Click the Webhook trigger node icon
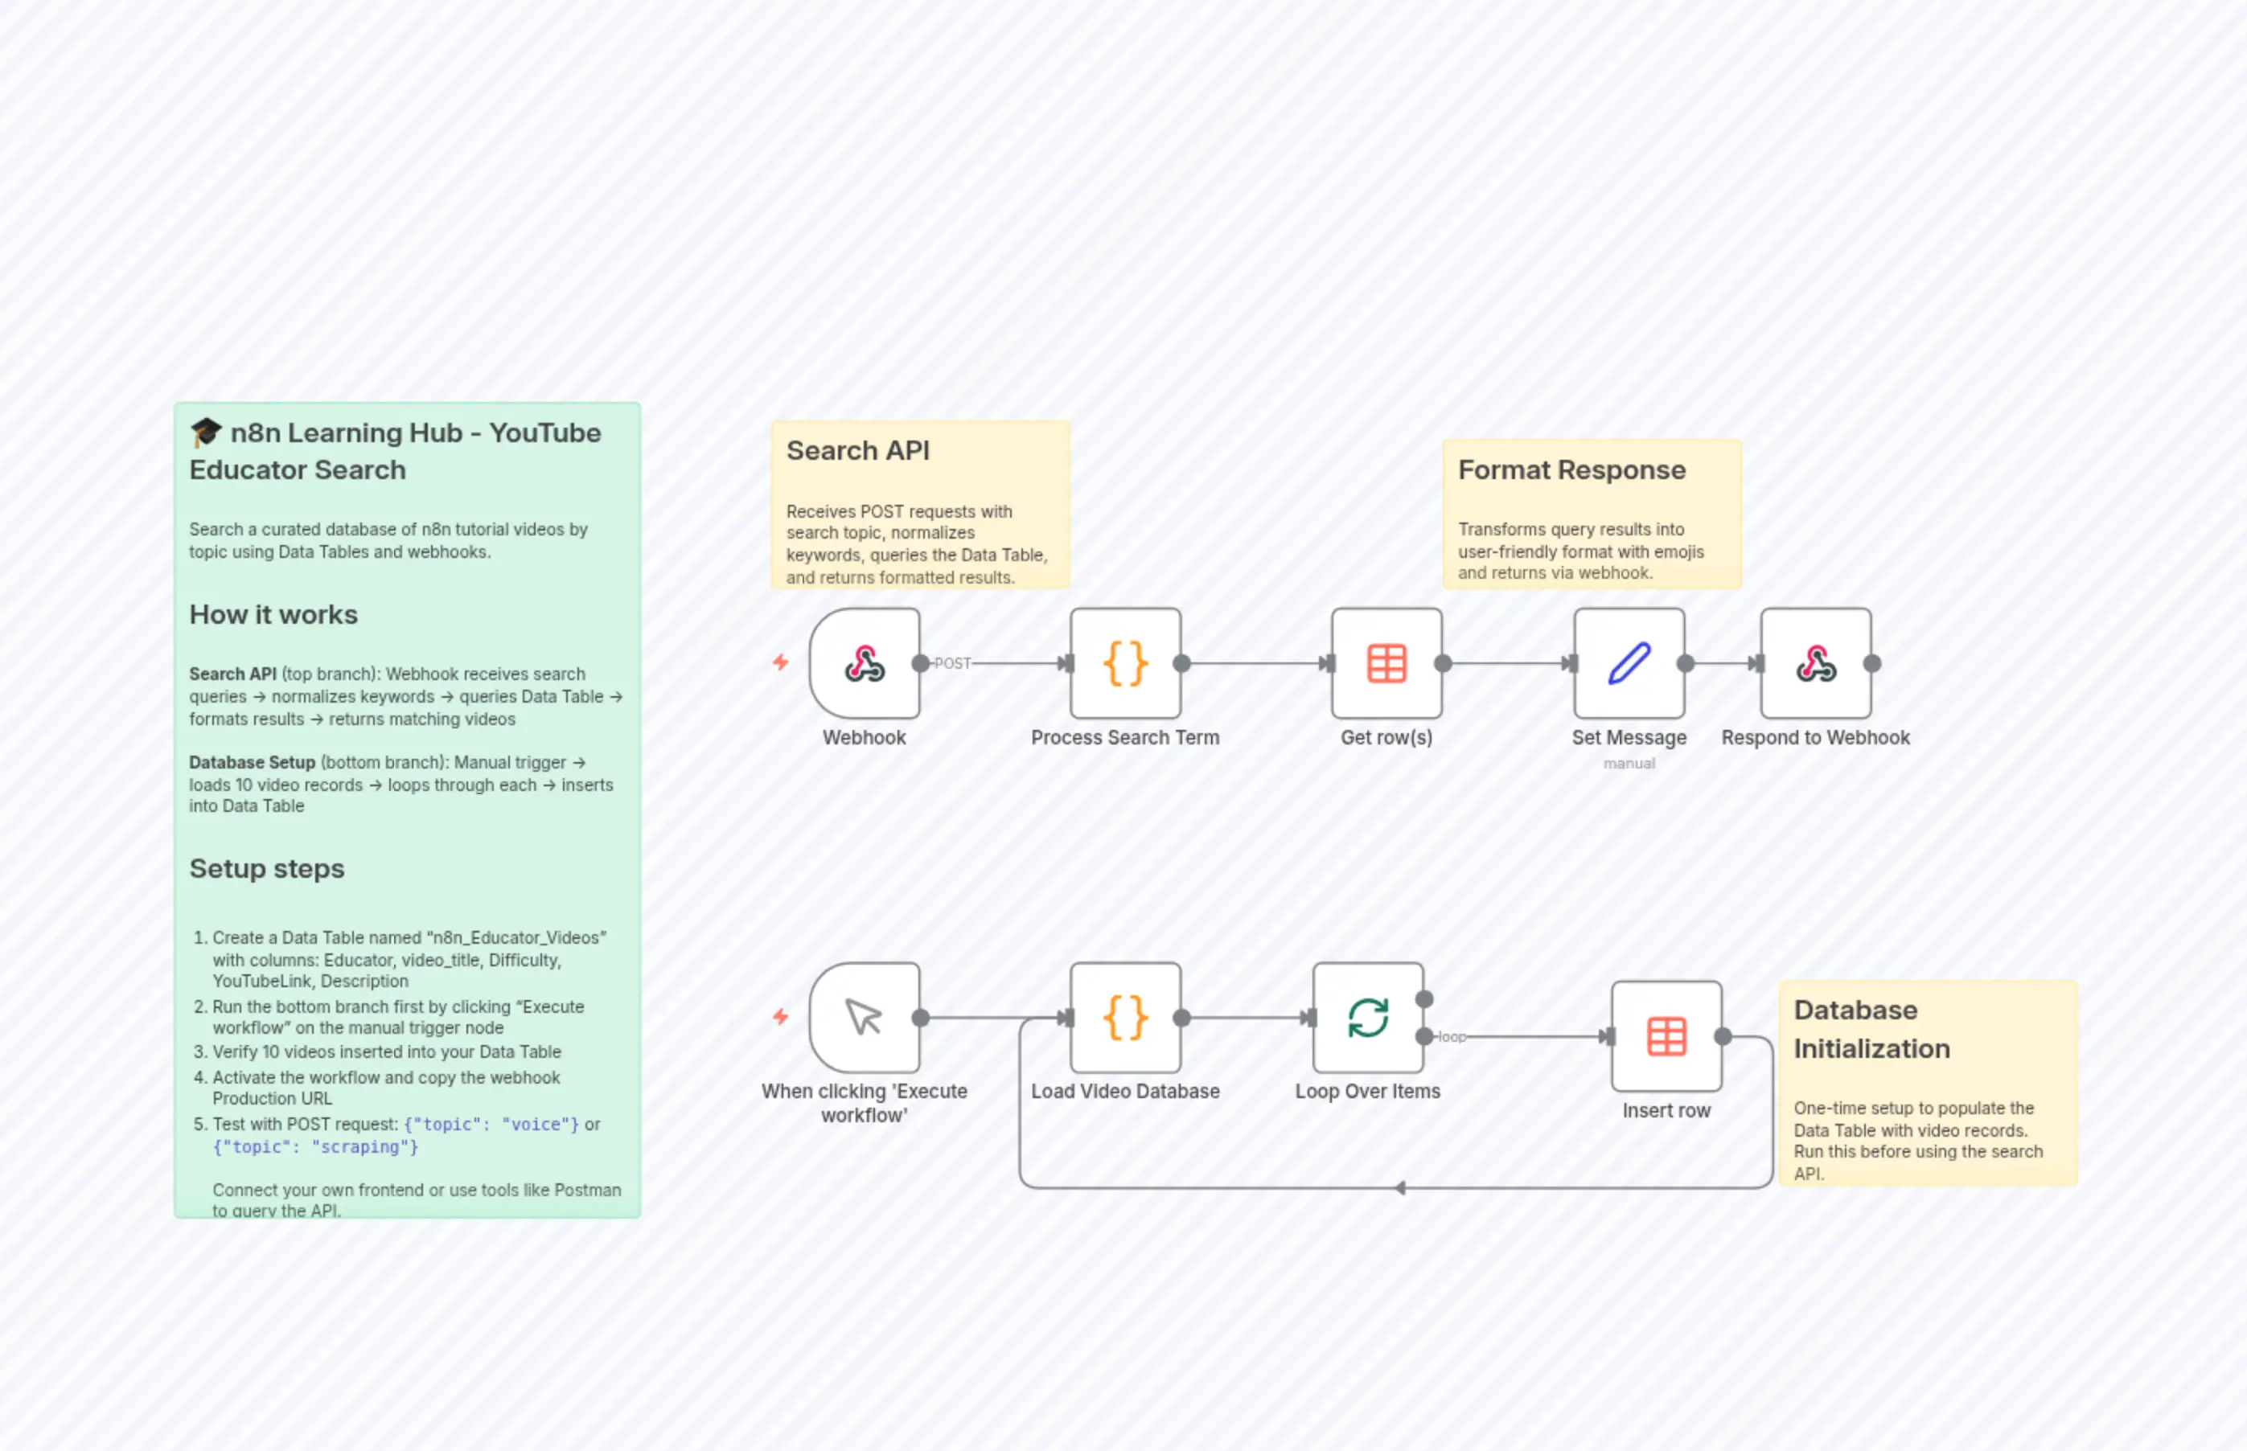pyautogui.click(x=865, y=663)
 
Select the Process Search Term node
pyautogui.click(x=1125, y=663)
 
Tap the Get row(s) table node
pyautogui.click(x=1386, y=663)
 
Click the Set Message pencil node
pyautogui.click(x=1629, y=663)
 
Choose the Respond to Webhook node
pyautogui.click(x=1815, y=663)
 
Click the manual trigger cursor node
pyautogui.click(x=865, y=1018)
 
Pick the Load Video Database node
pyautogui.click(x=1125, y=1018)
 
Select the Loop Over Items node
pyautogui.click(x=1368, y=1018)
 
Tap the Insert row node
pyautogui.click(x=1666, y=1036)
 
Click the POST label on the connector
pyautogui.click(x=952, y=663)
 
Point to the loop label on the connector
pyautogui.click(x=1452, y=1036)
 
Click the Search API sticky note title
pyautogui.click(x=858, y=450)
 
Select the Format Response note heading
pyautogui.click(x=1571, y=469)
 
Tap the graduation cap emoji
pyautogui.click(x=205, y=432)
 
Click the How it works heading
pyautogui.click(x=273, y=614)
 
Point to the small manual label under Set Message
pyautogui.click(x=1629, y=763)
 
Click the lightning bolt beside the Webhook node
pyautogui.click(x=780, y=662)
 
